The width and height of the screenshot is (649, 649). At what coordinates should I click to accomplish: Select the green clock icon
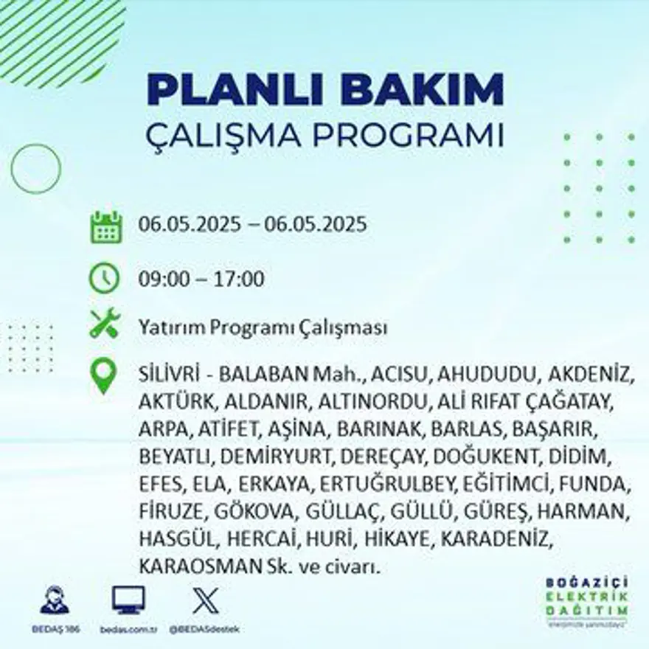105,279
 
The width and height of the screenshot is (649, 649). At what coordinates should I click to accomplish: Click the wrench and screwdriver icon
105,324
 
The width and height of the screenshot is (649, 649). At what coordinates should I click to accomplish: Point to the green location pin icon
104,375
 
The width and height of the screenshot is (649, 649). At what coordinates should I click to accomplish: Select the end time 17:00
239,280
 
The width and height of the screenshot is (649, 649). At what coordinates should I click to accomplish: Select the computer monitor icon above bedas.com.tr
128,600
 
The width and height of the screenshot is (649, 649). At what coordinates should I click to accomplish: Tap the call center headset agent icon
55,600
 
